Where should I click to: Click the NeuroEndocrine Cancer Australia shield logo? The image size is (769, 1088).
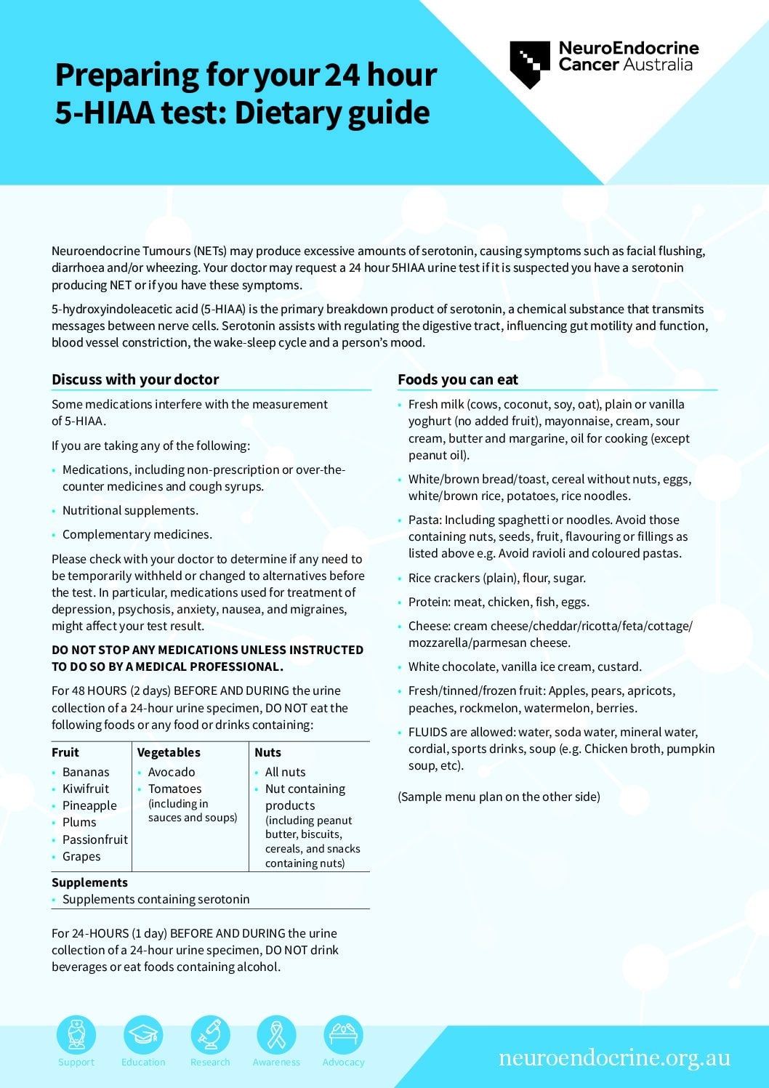point(530,64)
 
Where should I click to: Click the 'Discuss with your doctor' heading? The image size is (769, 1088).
point(135,379)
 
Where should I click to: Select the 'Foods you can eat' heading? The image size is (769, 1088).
point(458,379)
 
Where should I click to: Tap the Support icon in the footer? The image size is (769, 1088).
point(76,1035)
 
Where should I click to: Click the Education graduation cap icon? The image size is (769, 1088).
point(143,1035)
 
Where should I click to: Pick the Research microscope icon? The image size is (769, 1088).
point(210,1035)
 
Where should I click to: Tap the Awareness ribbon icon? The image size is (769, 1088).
point(276,1035)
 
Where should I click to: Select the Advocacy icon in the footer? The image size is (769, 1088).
point(343,1035)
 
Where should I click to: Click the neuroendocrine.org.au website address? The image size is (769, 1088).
point(614,1057)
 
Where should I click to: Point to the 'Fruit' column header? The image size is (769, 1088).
point(65,752)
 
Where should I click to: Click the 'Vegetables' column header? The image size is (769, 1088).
point(169,752)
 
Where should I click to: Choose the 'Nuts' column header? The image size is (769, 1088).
point(267,752)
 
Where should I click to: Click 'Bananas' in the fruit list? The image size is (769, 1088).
point(86,772)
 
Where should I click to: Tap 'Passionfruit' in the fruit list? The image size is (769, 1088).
point(95,839)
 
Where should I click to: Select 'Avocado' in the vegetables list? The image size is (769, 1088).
point(172,772)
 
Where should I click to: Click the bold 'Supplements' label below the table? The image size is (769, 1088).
point(89,882)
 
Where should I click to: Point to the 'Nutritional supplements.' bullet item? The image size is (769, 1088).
point(130,510)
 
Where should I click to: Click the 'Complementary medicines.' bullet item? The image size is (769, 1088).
point(137,534)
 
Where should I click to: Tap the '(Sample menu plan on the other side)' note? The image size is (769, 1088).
point(499,797)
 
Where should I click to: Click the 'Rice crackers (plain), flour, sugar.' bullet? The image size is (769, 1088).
point(496,578)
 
